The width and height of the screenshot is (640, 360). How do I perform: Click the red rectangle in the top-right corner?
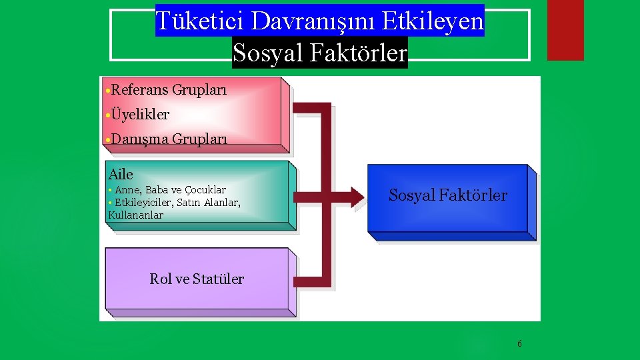[565, 30]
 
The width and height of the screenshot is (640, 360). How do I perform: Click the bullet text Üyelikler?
[141, 115]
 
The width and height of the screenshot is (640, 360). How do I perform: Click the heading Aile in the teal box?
[121, 175]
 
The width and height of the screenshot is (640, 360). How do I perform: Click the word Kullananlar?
[135, 215]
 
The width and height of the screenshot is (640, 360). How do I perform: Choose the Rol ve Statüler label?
[197, 279]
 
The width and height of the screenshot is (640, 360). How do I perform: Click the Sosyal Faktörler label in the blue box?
[447, 195]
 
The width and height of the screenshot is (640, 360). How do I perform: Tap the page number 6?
[519, 344]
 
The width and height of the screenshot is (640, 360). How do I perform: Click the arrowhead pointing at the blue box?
[357, 195]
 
